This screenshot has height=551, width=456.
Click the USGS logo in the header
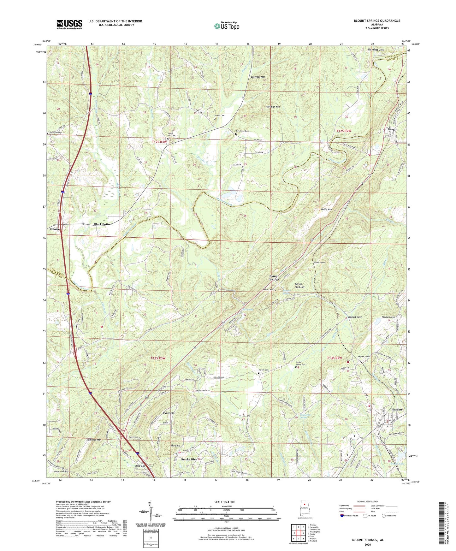coord(69,24)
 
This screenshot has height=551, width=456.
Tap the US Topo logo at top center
coord(226,26)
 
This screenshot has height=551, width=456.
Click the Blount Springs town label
coord(274,278)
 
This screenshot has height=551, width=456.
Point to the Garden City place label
coord(376,50)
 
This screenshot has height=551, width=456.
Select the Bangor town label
coord(392,129)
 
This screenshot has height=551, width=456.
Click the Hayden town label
coord(397,409)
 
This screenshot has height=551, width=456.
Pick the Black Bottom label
coord(103,224)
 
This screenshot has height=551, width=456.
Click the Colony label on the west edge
coord(54,229)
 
